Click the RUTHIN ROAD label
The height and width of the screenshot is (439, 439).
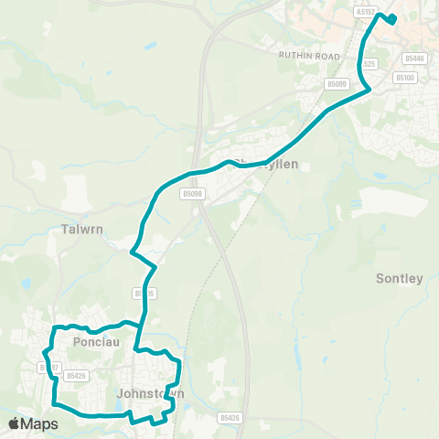click(309, 56)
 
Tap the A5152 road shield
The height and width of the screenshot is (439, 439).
click(364, 13)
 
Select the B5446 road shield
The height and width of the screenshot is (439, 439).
click(415, 59)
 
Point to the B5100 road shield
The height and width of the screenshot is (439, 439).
click(405, 79)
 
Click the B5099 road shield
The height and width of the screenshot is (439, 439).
click(337, 84)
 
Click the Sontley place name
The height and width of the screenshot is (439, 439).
click(400, 278)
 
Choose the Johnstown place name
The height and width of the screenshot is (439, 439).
click(151, 394)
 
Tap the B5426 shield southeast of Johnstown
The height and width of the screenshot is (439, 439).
click(230, 417)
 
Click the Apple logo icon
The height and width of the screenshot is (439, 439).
click(14, 423)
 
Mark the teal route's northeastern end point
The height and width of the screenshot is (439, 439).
click(392, 18)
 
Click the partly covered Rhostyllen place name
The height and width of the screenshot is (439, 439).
click(256, 165)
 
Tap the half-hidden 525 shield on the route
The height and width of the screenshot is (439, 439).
click(370, 64)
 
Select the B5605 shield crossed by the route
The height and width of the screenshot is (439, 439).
click(140, 294)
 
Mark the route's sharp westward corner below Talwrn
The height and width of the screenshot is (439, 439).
click(133, 252)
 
